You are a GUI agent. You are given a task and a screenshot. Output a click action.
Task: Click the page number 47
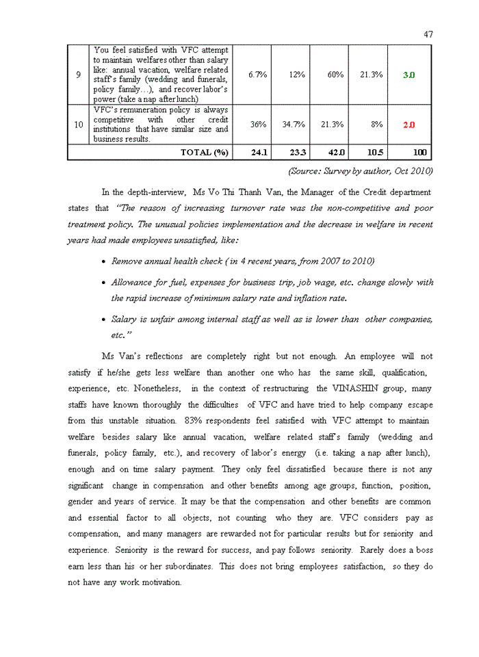[x=428, y=34]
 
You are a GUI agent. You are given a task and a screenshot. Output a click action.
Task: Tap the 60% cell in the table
[x=335, y=75]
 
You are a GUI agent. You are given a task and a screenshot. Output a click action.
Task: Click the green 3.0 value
[x=408, y=75]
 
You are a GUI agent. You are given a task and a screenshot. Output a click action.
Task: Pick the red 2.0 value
[x=408, y=125]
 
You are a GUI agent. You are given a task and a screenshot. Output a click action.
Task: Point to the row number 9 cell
[x=79, y=75]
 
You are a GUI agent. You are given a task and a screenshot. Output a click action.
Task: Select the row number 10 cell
[x=79, y=125]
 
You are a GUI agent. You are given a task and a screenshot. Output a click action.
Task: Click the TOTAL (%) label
[x=203, y=153]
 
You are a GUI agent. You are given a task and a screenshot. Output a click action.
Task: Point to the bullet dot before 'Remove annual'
[x=103, y=262]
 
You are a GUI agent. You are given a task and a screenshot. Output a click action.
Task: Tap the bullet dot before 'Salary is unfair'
[x=103, y=320]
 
